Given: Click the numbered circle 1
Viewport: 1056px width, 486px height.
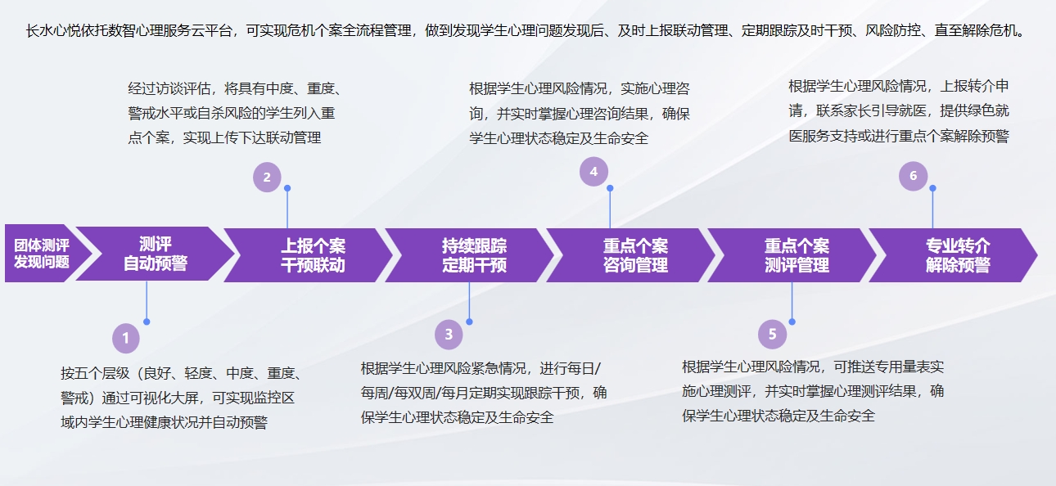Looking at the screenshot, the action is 126,338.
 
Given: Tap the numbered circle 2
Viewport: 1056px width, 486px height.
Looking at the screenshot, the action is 267,178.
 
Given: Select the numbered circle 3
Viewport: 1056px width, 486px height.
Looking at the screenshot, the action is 449,335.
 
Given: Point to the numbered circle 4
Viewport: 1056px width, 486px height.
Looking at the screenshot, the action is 593,172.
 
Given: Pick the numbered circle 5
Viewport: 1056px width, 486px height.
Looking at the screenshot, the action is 772,334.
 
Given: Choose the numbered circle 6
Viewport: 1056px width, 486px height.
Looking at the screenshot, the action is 914,176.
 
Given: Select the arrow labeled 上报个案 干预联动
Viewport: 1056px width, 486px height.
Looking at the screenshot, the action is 309,255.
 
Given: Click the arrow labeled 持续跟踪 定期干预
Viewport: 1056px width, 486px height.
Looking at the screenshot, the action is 470,255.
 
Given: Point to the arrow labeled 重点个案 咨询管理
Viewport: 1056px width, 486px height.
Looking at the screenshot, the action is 631,255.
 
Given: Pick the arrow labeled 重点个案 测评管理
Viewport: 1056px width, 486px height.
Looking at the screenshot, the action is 792,255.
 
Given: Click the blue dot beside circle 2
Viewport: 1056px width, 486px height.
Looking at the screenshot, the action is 287,188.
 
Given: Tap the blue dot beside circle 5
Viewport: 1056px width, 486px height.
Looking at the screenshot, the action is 792,322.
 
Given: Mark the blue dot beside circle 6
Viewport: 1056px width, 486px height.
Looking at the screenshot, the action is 932,188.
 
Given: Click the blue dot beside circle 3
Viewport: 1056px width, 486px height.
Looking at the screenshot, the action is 469,322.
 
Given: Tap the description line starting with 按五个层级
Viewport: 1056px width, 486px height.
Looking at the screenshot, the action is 181,373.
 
